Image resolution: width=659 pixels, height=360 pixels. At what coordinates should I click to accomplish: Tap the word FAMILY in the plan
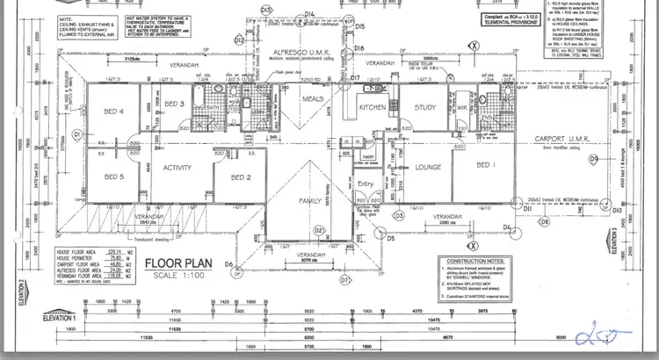coord(310,201)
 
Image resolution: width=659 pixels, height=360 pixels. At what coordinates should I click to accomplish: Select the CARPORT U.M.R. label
coord(560,140)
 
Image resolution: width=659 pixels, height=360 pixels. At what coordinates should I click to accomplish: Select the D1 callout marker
coord(76,133)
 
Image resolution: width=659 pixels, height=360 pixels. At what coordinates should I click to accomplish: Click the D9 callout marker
coord(594,159)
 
